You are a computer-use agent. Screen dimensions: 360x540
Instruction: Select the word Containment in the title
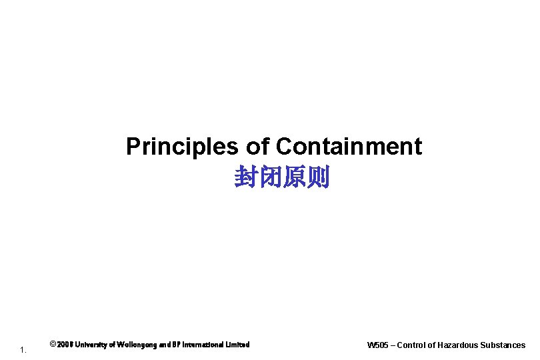click(x=349, y=147)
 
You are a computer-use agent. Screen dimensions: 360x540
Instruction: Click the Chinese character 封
click(x=246, y=178)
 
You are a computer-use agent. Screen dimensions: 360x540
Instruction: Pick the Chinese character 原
click(x=294, y=178)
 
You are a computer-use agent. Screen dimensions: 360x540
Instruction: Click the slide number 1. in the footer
click(x=23, y=349)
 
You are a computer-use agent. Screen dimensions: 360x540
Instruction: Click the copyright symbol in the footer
click(x=53, y=345)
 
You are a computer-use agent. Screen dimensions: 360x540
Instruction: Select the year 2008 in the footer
click(x=65, y=345)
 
